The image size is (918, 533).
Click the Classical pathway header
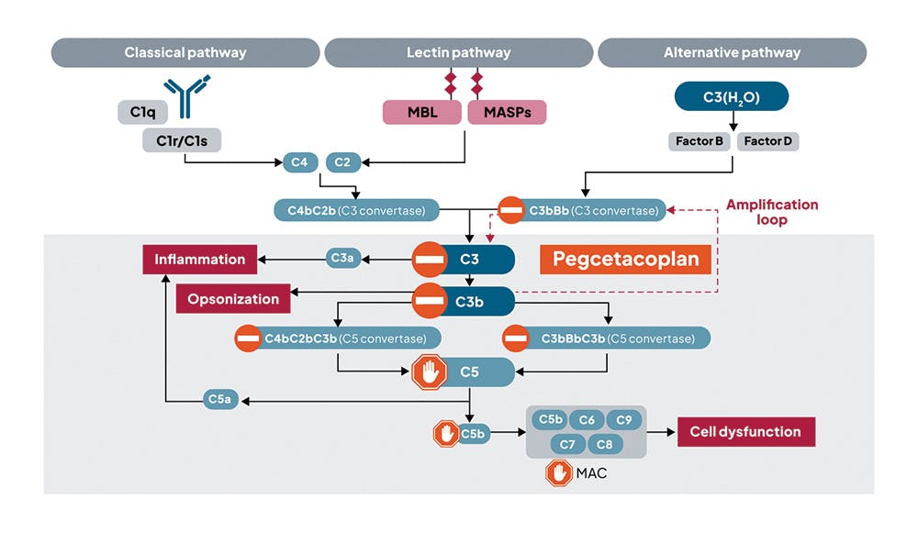click(185, 52)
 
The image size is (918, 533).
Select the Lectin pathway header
click(458, 52)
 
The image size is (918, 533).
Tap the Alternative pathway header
click(732, 52)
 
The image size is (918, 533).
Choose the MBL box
click(421, 112)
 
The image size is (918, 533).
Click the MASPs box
click(507, 112)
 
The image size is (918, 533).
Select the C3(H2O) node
click(732, 95)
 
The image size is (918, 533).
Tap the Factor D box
click(767, 141)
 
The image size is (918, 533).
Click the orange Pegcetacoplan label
click(625, 259)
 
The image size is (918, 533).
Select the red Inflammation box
click(199, 259)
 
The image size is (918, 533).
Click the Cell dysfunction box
click(745, 432)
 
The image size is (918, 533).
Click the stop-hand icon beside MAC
click(559, 473)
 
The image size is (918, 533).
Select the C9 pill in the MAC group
click(623, 420)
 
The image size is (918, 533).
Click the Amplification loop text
click(771, 212)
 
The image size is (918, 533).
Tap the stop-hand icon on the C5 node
click(429, 372)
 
